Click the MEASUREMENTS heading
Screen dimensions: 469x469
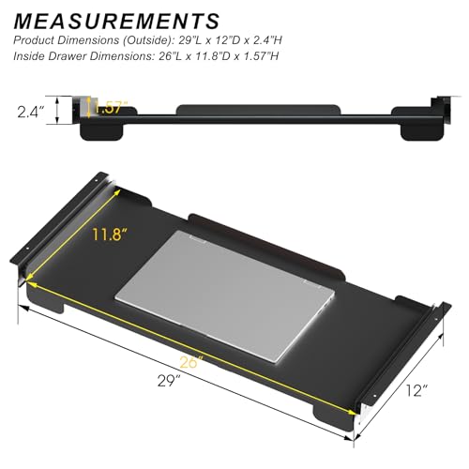tap(116, 22)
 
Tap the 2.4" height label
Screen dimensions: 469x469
tap(31, 112)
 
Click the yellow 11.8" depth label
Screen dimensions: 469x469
tap(110, 234)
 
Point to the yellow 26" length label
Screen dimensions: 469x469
tap(191, 362)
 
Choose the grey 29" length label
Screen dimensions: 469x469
tap(169, 381)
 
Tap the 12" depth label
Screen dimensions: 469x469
tap(416, 390)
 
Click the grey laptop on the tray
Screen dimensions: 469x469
tap(225, 297)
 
